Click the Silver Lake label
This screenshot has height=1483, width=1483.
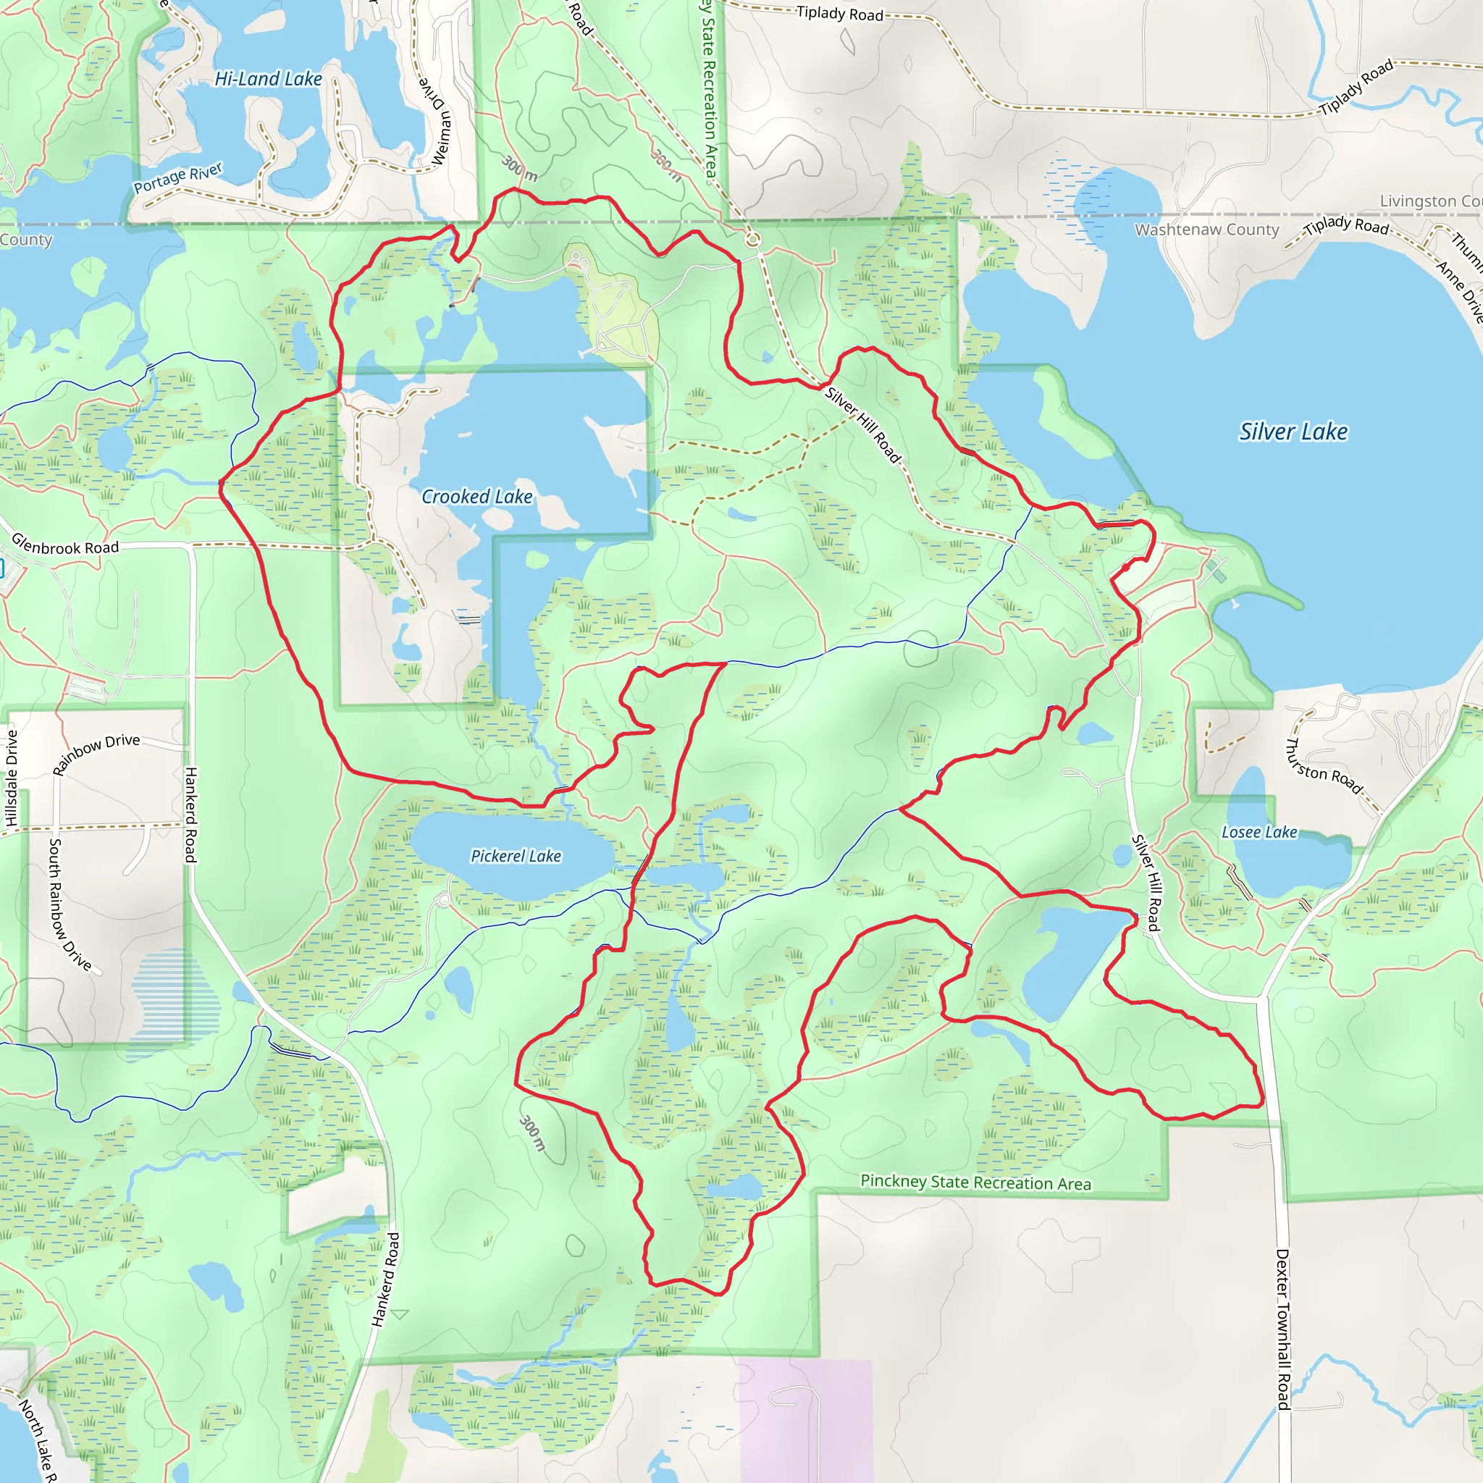(x=1293, y=432)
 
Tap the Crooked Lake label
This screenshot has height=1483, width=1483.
(x=476, y=497)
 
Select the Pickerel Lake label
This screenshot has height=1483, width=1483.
(x=516, y=856)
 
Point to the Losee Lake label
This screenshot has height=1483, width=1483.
(x=1259, y=832)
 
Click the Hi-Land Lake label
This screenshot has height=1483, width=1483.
(x=268, y=78)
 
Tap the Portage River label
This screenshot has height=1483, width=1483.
(x=178, y=177)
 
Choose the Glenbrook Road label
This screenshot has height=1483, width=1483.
(x=65, y=546)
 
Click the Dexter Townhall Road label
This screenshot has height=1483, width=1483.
(x=1282, y=1329)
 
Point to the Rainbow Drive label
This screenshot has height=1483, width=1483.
(x=96, y=754)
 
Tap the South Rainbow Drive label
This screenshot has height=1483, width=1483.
(x=69, y=905)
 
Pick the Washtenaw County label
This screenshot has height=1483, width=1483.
(x=1206, y=230)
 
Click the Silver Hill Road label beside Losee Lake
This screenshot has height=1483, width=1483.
(x=1146, y=883)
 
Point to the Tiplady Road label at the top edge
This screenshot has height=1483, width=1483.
(x=840, y=13)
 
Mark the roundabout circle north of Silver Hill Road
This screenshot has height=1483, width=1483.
(x=753, y=240)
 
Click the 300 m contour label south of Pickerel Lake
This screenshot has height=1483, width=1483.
(x=533, y=1133)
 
